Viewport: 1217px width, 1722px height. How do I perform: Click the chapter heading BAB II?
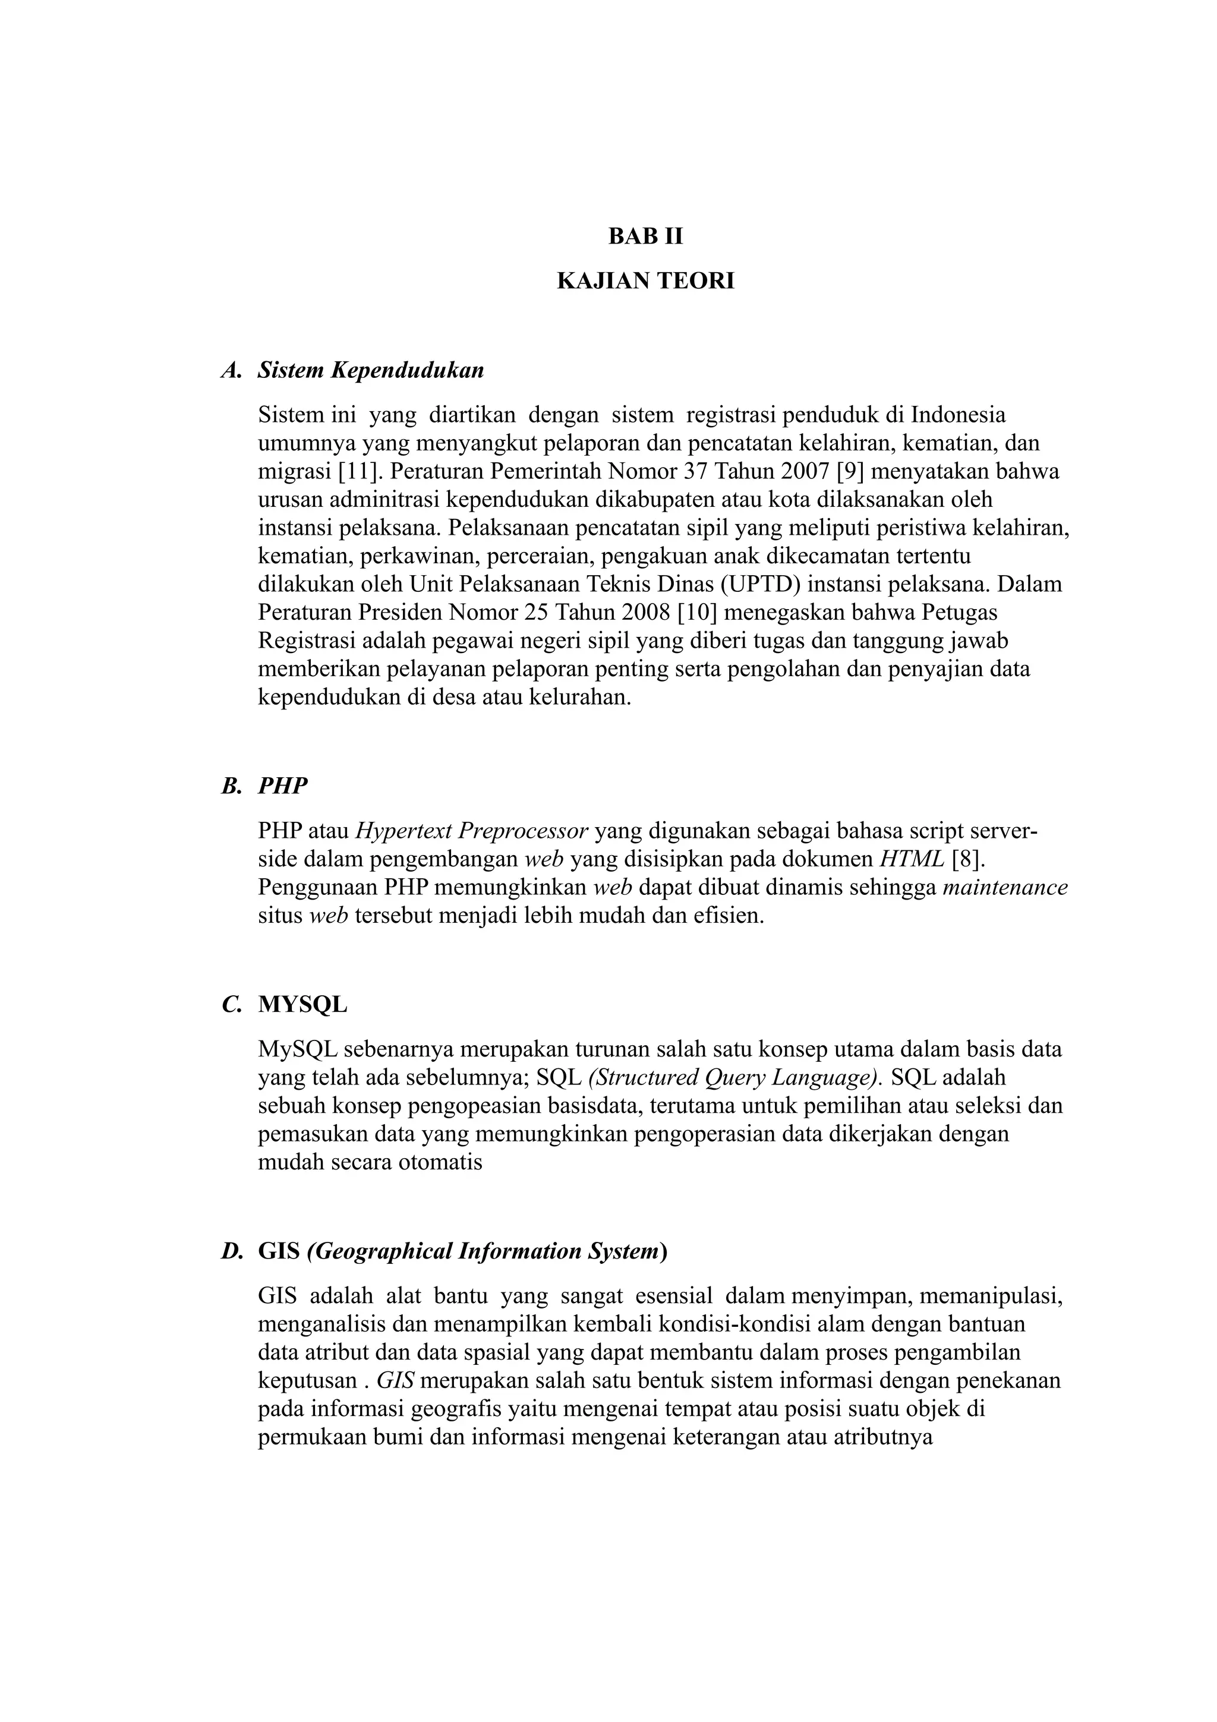(x=645, y=237)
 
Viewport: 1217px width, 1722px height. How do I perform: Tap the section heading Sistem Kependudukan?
(x=370, y=371)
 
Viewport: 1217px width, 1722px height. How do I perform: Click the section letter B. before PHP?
(x=232, y=786)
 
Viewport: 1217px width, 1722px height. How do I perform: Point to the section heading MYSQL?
(x=302, y=1004)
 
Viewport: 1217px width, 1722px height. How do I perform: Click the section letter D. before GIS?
(x=232, y=1251)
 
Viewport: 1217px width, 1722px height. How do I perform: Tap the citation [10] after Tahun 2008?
(x=696, y=613)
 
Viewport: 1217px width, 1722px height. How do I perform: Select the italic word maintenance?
(x=1005, y=888)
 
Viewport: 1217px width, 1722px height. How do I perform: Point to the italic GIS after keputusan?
(x=396, y=1381)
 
